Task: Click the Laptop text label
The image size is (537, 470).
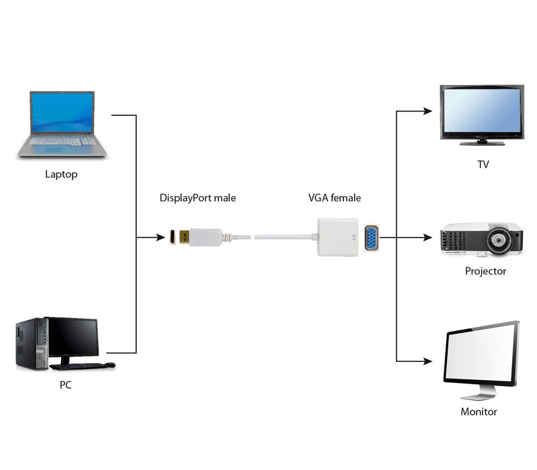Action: pos(61,175)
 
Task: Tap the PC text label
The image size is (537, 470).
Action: pos(65,385)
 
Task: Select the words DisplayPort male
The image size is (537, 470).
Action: pos(198,198)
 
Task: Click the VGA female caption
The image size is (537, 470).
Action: pos(334,198)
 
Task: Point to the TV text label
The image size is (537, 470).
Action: pos(483,164)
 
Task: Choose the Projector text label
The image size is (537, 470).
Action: pos(485,271)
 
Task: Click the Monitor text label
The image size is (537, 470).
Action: pos(479,412)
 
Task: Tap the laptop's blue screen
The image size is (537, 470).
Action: pos(62,113)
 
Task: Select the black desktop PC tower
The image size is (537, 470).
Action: pos(30,344)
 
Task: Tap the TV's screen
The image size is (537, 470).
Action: pos(481,111)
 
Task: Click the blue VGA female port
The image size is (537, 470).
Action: pos(370,238)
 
